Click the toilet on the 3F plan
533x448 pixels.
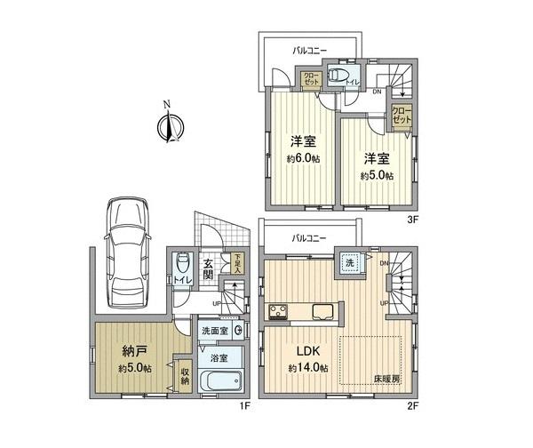click(336, 76)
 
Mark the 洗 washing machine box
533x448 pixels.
click(348, 263)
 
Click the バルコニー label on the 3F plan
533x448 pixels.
click(310, 51)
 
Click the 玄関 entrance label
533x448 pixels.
click(207, 269)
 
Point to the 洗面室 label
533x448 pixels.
click(215, 331)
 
